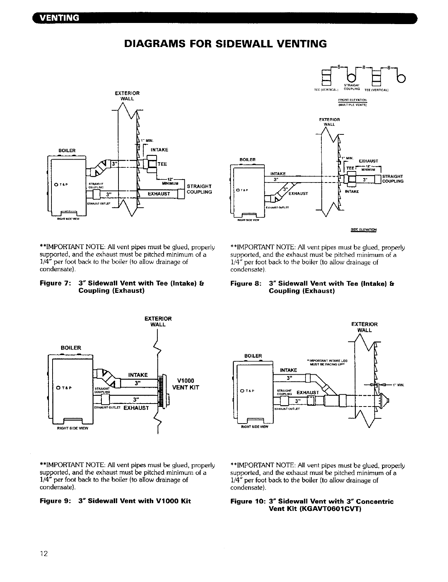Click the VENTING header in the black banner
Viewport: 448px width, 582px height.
click(58, 18)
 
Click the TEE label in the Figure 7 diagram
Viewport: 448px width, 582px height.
click(162, 164)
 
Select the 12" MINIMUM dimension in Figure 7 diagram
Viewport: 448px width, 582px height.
click(170, 181)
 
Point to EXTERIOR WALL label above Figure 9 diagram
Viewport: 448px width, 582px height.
click(158, 321)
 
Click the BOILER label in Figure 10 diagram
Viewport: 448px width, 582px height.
click(253, 356)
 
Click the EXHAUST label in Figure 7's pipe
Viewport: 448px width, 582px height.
click(158, 194)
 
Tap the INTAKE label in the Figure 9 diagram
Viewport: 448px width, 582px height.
click(138, 375)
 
